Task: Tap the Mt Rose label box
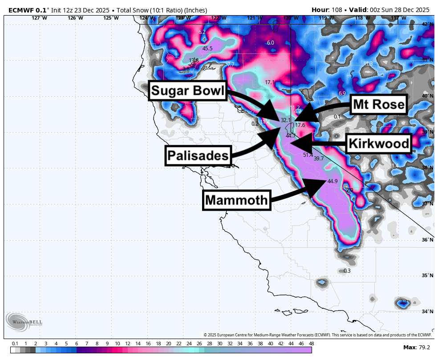click(x=378, y=105)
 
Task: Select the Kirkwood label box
click(x=378, y=143)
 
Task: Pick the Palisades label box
click(x=198, y=155)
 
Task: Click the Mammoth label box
click(x=237, y=200)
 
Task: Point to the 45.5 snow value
click(x=207, y=49)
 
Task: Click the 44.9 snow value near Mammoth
click(x=333, y=181)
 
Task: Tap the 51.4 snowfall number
click(x=308, y=155)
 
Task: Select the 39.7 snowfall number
click(x=319, y=159)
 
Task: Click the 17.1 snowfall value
click(x=270, y=82)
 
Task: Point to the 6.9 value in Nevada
click(x=342, y=94)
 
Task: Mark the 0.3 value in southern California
click(x=347, y=271)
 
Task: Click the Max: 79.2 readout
click(x=416, y=347)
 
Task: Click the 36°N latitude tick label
click(x=428, y=240)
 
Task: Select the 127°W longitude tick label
click(x=39, y=18)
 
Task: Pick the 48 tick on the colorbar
click(x=311, y=344)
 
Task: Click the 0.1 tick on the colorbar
click(x=15, y=344)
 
